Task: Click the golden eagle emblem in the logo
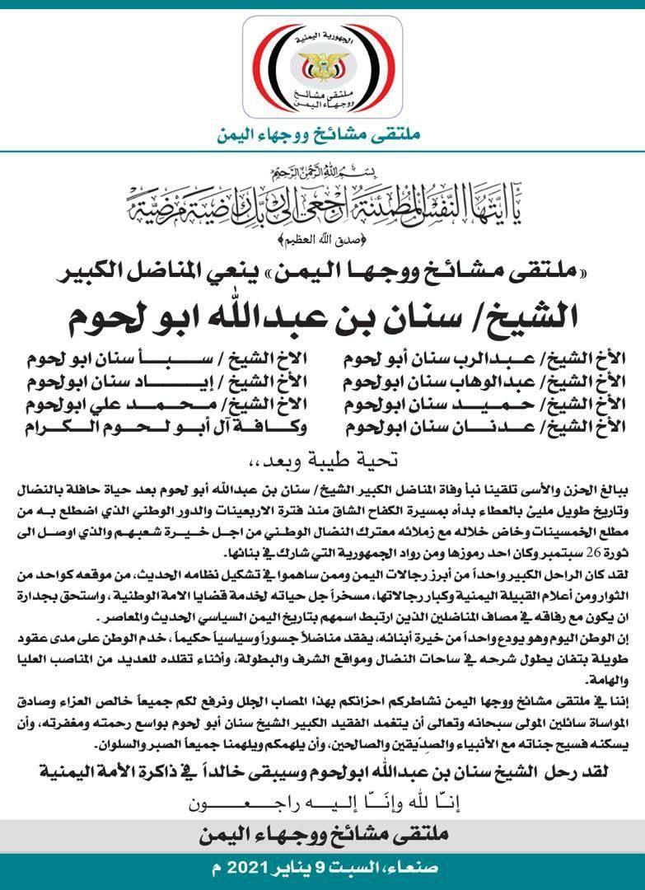click(322, 63)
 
